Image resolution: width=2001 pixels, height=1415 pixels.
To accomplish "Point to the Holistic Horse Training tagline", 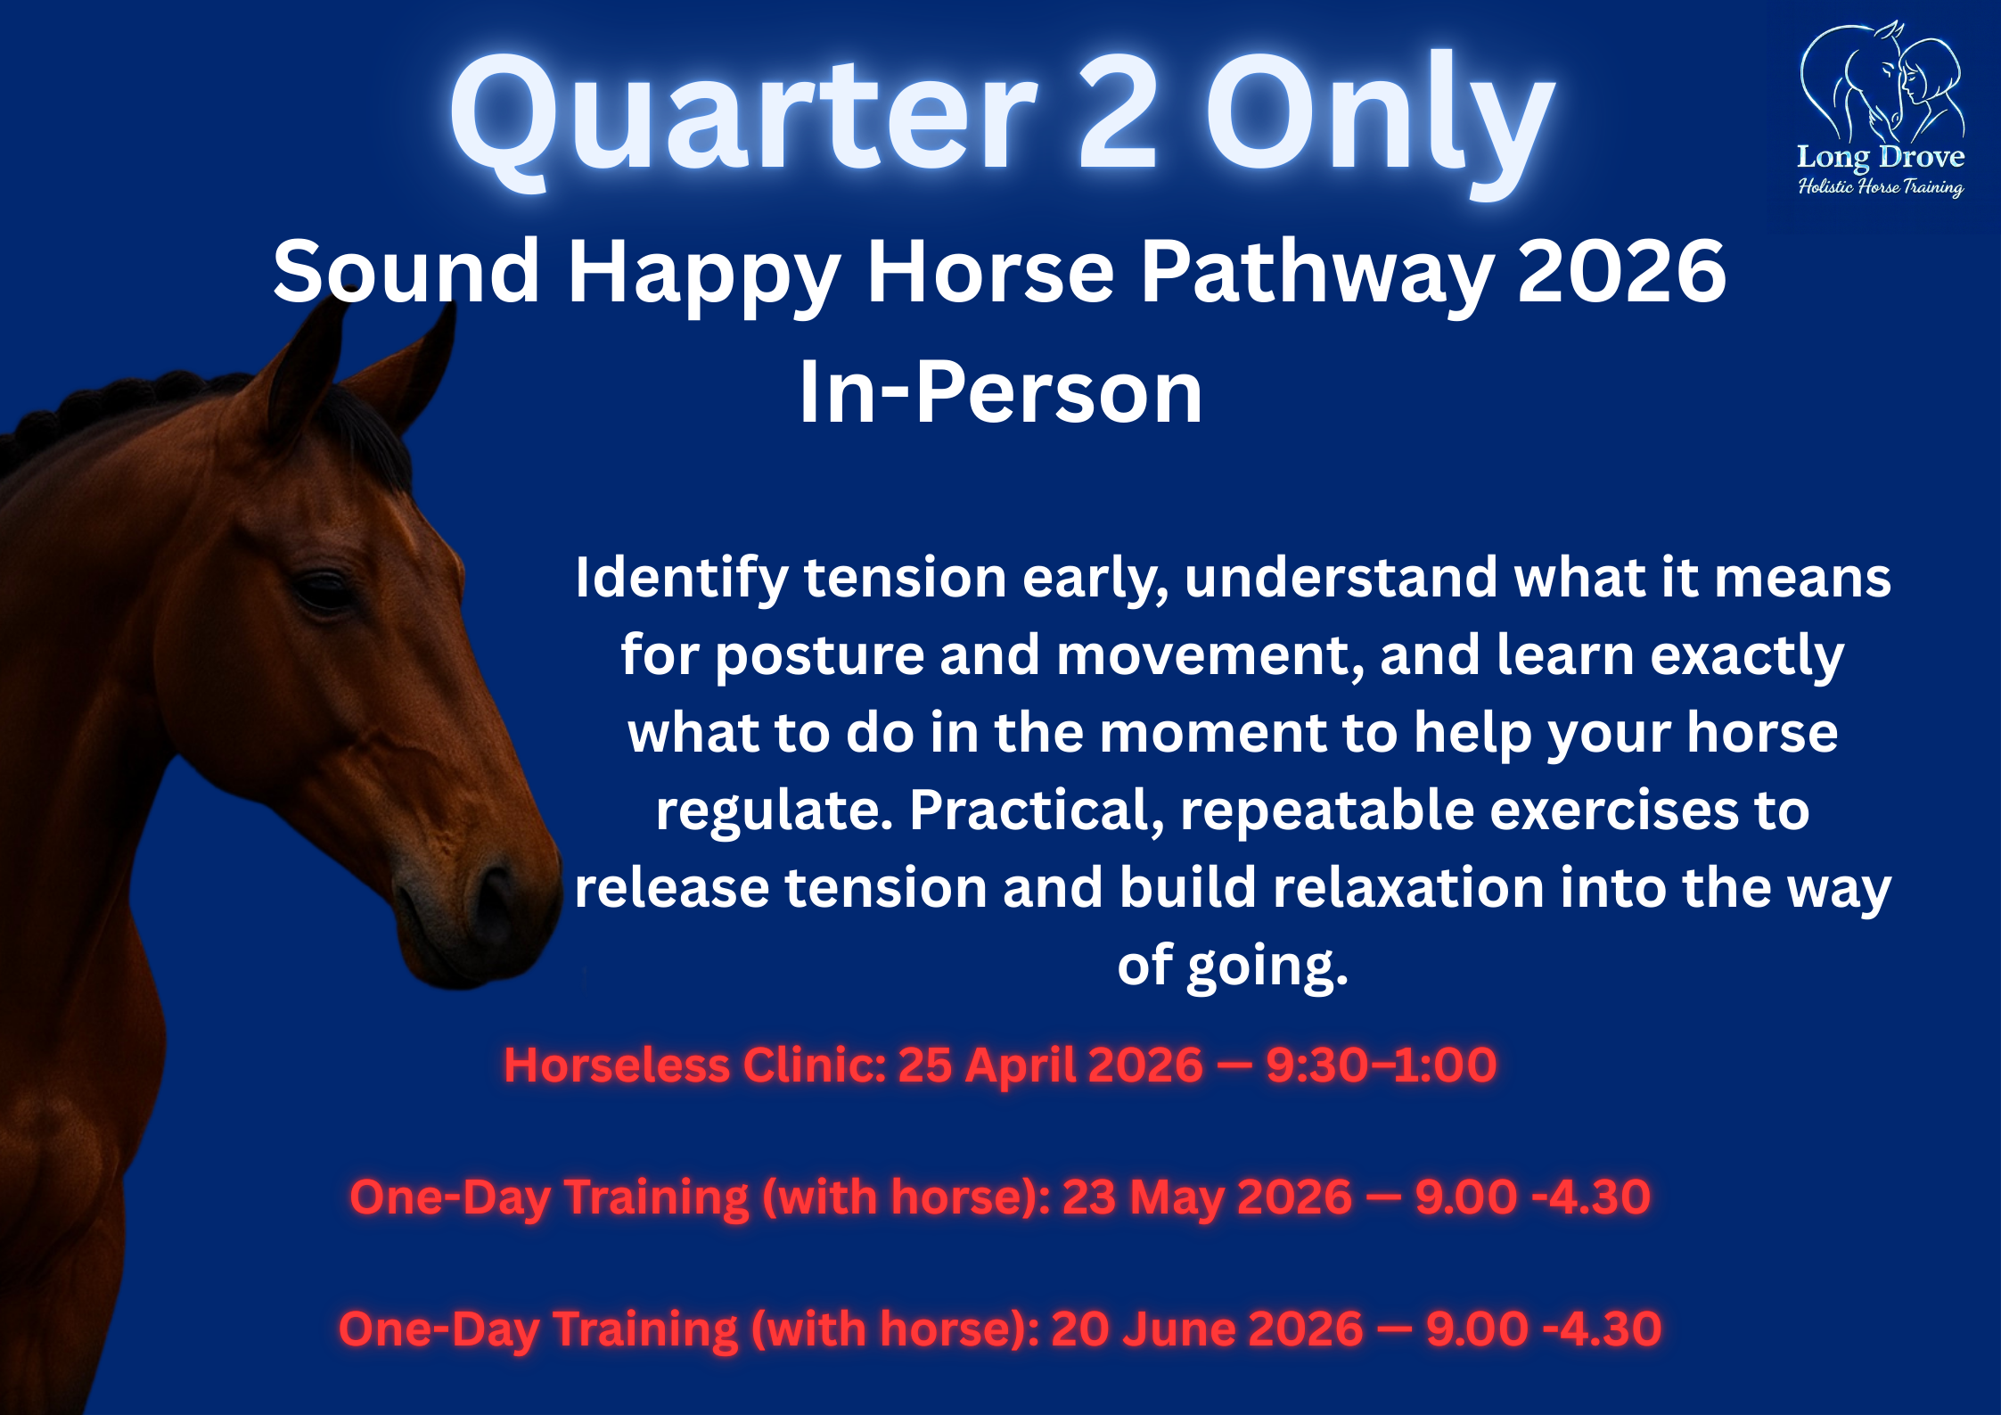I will click(1881, 186).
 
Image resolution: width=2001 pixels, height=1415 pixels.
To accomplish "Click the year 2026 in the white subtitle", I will click(1622, 272).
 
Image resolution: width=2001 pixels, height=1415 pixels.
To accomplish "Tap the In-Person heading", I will click(1000, 392).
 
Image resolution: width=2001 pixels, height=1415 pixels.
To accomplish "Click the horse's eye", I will click(323, 590).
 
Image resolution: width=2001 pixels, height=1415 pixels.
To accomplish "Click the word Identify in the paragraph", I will click(681, 578).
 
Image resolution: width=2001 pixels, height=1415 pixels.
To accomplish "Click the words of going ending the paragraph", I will click(1232, 966).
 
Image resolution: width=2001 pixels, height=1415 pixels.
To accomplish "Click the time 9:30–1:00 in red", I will click(1381, 1065).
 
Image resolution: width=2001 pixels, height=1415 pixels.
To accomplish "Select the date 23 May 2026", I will click(1207, 1197).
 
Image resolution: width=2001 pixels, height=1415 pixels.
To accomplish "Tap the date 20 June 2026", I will click(1207, 1329).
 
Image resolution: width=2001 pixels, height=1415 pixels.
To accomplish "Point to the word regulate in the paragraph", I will click(774, 810).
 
